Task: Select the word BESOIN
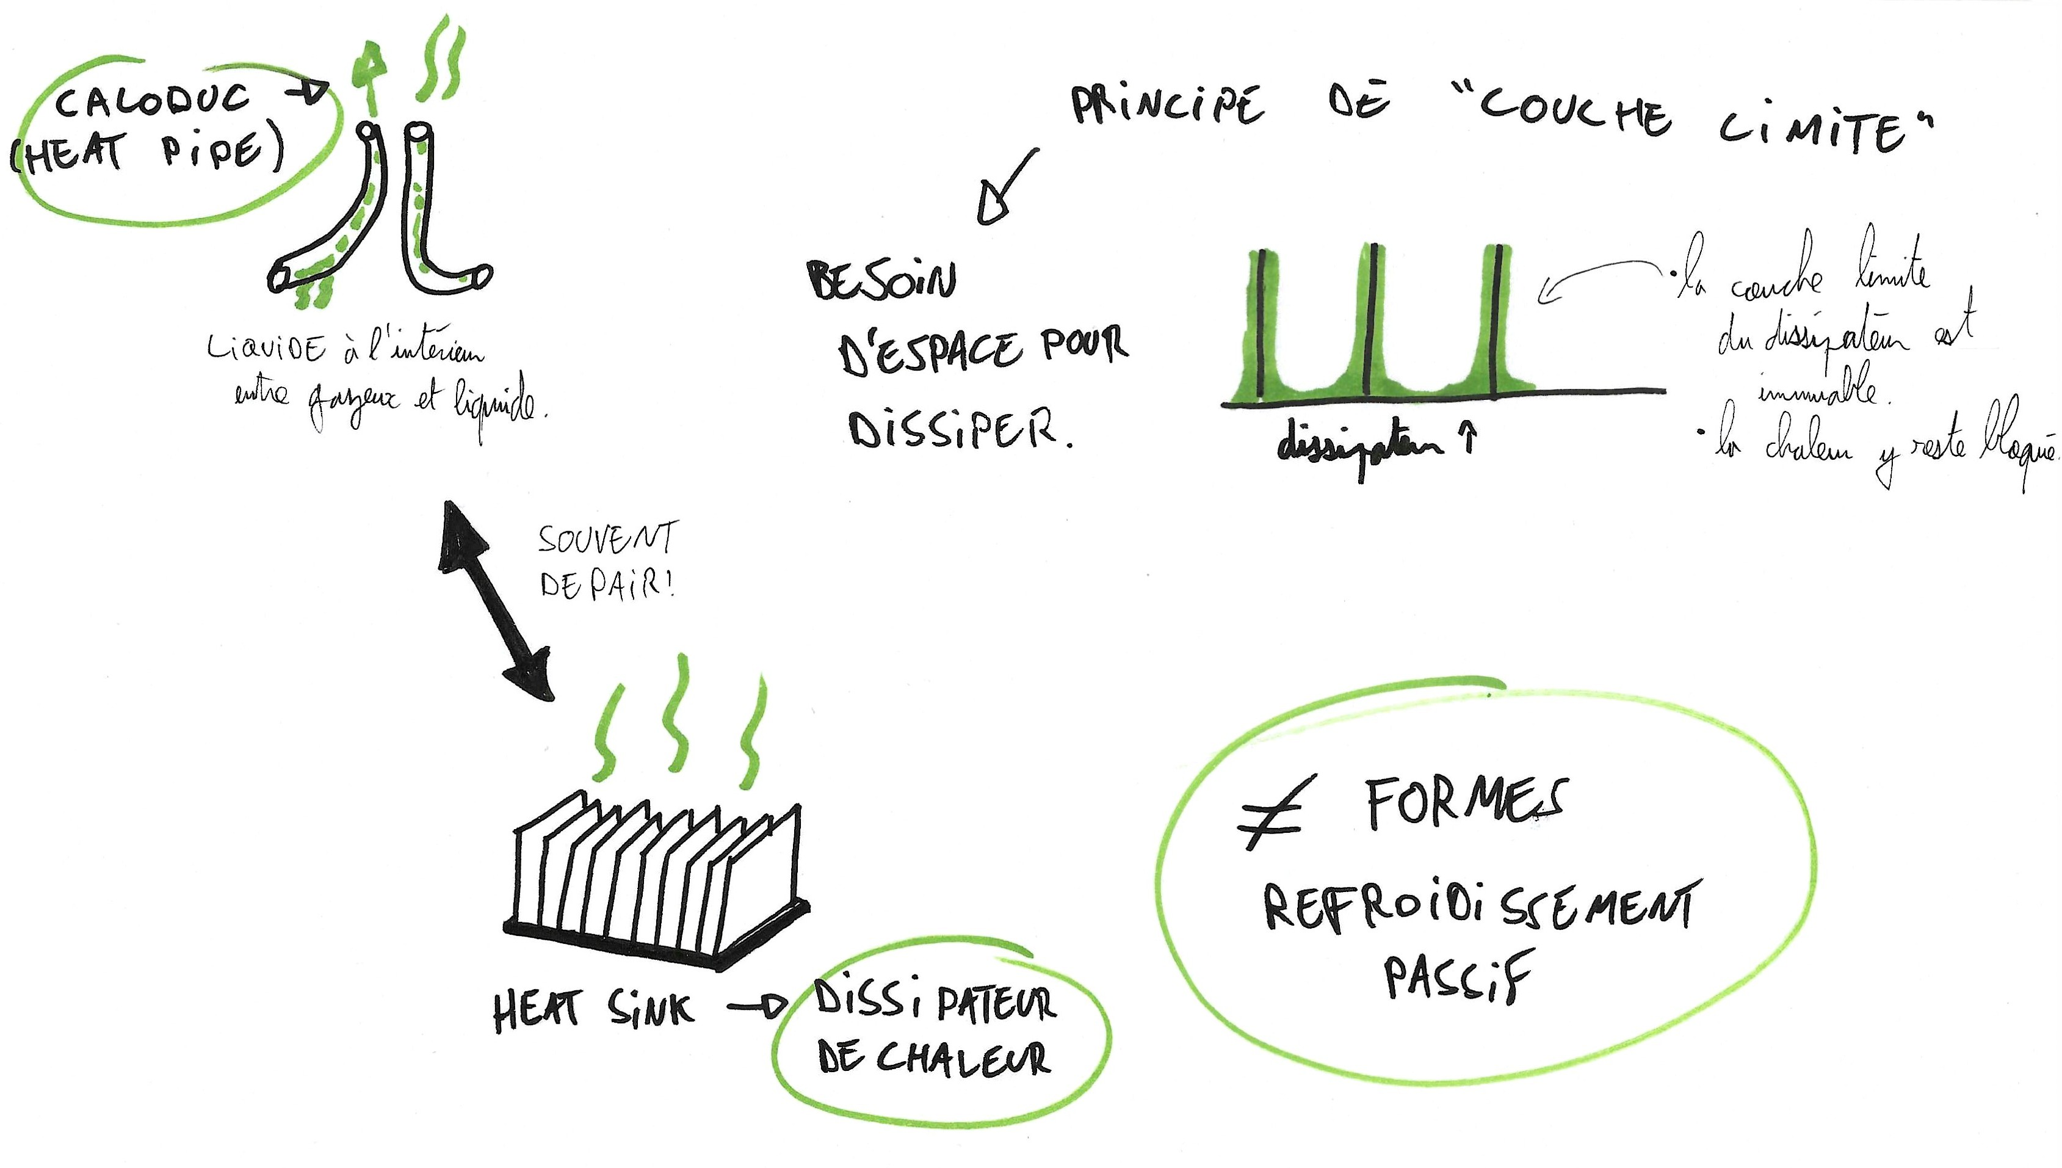coord(881,281)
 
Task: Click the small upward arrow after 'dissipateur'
coord(1469,440)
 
